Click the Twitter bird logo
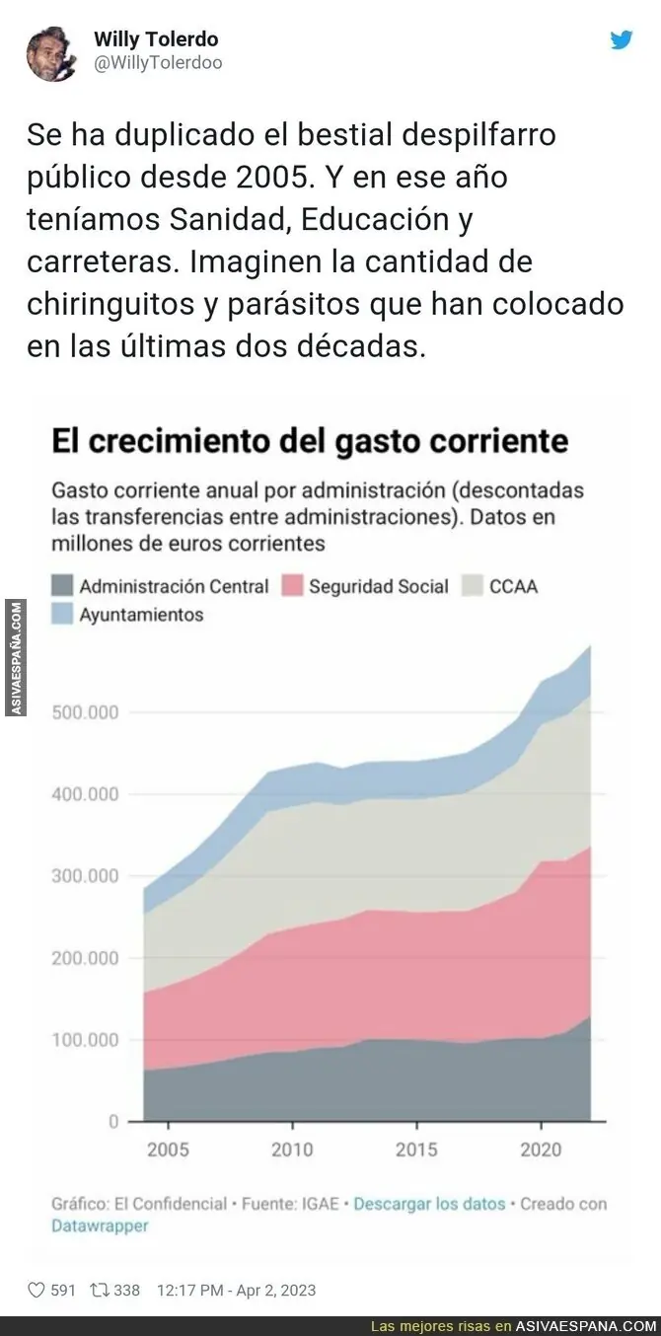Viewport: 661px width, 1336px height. (x=621, y=40)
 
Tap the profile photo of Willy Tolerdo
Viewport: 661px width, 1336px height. (x=52, y=52)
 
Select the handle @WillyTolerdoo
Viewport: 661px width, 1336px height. (x=158, y=63)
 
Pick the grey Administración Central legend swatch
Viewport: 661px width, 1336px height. (x=62, y=586)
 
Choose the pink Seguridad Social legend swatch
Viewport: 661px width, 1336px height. (x=291, y=586)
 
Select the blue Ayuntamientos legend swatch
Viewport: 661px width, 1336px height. (x=62, y=614)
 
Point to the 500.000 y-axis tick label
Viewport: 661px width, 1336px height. (x=83, y=712)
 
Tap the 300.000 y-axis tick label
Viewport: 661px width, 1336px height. (x=83, y=876)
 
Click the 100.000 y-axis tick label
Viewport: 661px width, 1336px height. (x=83, y=1040)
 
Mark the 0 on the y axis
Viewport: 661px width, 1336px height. (x=113, y=1122)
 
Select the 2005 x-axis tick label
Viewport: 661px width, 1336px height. (x=168, y=1150)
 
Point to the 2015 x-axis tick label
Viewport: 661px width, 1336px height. (x=416, y=1150)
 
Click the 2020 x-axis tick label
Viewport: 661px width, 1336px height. (x=541, y=1150)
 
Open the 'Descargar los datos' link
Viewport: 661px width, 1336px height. (x=429, y=1204)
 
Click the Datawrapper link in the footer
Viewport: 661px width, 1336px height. (x=100, y=1225)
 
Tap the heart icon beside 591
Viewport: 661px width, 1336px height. (x=37, y=1290)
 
